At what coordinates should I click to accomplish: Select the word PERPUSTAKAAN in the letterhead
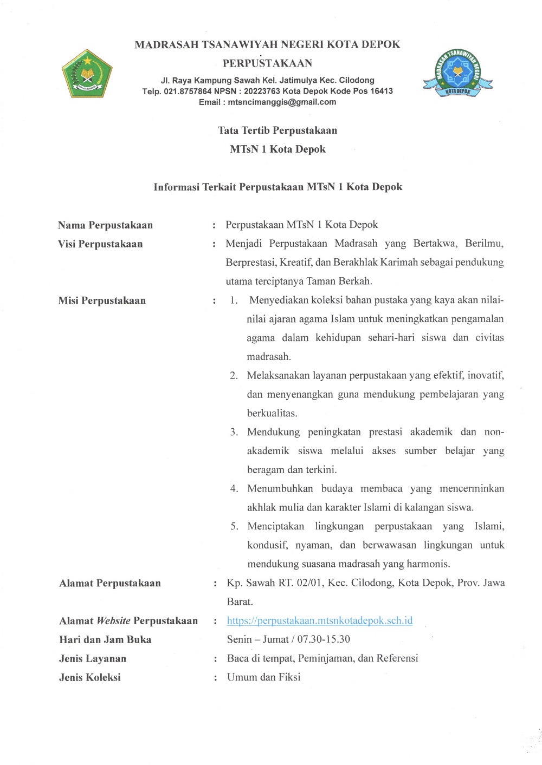coord(267,63)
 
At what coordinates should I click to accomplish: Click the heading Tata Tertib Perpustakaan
coord(278,130)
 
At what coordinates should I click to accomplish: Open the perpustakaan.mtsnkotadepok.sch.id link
coord(320,620)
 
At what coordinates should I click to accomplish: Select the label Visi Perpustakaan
coord(100,244)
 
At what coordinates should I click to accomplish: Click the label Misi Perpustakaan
coord(102,300)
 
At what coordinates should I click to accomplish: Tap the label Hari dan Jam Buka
coord(105,639)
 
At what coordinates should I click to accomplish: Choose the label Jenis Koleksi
coord(90,677)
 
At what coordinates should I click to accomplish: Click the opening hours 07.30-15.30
coord(324,639)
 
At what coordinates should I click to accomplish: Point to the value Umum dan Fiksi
coord(264,677)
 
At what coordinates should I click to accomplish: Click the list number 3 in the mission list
coord(234,432)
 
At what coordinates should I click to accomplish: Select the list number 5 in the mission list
coord(234,526)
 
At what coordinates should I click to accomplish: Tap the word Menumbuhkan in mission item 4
coord(280,488)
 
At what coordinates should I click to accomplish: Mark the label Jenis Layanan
coord(93,658)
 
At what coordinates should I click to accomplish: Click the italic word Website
coord(113,620)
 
